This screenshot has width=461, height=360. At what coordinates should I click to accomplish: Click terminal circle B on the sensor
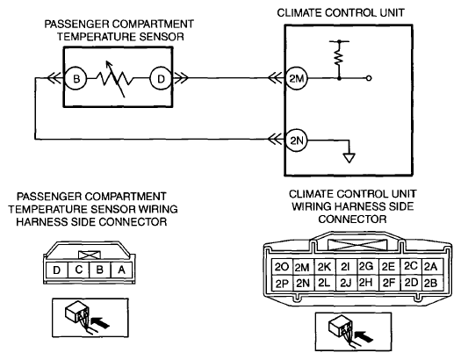(x=76, y=78)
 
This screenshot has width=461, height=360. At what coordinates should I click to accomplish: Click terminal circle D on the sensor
(x=161, y=78)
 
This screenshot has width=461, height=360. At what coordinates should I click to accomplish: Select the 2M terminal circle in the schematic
(x=297, y=78)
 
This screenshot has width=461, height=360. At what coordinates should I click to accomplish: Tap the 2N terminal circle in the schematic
(x=297, y=140)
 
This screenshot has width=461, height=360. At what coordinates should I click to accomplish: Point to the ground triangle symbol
(x=349, y=158)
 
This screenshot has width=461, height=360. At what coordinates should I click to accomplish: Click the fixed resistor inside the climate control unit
(x=339, y=57)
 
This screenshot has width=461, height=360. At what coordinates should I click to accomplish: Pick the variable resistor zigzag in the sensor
(x=115, y=79)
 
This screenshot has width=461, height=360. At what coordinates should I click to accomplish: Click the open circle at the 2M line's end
(x=369, y=78)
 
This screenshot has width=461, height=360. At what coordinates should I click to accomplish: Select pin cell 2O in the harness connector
(x=282, y=267)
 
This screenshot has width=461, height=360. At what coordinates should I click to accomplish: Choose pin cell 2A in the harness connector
(x=431, y=266)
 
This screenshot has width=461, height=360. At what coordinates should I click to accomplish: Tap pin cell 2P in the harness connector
(x=282, y=284)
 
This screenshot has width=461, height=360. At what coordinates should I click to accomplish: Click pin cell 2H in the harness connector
(x=366, y=283)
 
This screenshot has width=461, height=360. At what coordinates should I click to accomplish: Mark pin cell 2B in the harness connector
(x=431, y=283)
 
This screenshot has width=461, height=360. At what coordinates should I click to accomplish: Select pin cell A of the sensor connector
(x=122, y=270)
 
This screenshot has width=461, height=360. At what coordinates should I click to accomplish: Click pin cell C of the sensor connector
(x=78, y=270)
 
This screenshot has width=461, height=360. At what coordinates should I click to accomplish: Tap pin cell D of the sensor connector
(x=57, y=270)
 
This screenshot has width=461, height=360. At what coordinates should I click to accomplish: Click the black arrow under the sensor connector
(x=100, y=323)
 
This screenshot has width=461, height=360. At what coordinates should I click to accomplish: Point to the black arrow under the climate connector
(x=364, y=336)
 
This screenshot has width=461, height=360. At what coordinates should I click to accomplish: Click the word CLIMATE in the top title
(x=299, y=12)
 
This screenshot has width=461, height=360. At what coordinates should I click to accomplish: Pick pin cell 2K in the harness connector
(x=325, y=267)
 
